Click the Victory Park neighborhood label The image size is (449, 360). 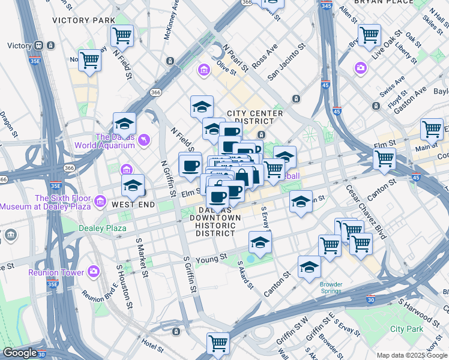pos(83,20)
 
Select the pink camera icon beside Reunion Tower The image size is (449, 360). pos(93,272)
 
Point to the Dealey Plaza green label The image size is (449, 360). pos(103,228)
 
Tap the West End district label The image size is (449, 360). pos(133,205)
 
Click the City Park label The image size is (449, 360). pos(406,329)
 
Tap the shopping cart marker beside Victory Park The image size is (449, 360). pos(122,35)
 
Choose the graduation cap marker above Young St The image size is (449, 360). pos(260,242)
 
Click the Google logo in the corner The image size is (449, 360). pos(20,353)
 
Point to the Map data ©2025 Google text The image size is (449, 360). pos(412,355)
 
